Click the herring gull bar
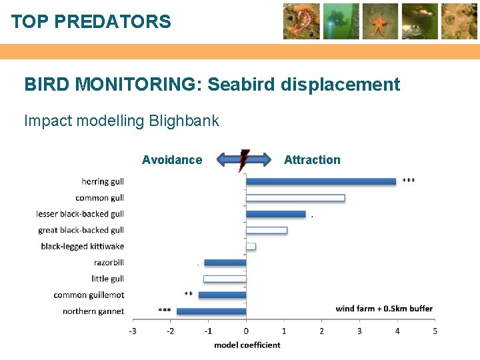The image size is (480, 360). click(321, 181)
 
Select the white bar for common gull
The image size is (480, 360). click(295, 198)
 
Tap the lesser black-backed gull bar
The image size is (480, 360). click(275, 214)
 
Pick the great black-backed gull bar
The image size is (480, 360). click(267, 230)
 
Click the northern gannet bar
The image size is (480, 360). click(211, 311)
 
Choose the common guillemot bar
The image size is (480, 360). click(222, 295)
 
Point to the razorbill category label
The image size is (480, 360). click(109, 263)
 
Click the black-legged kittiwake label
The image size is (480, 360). click(82, 247)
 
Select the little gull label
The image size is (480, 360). click(107, 279)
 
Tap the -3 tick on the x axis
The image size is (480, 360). click(133, 331)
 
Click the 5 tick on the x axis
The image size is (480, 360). click(435, 331)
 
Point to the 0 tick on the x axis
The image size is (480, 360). click(246, 331)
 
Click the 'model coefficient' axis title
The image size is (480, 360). click(247, 345)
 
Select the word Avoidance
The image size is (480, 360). click(172, 160)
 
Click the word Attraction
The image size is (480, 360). click(312, 160)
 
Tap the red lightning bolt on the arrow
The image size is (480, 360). click(245, 160)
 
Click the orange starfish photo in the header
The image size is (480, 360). click(380, 21)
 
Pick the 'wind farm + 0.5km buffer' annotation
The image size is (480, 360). click(383, 309)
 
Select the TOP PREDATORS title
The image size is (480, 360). click(91, 22)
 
